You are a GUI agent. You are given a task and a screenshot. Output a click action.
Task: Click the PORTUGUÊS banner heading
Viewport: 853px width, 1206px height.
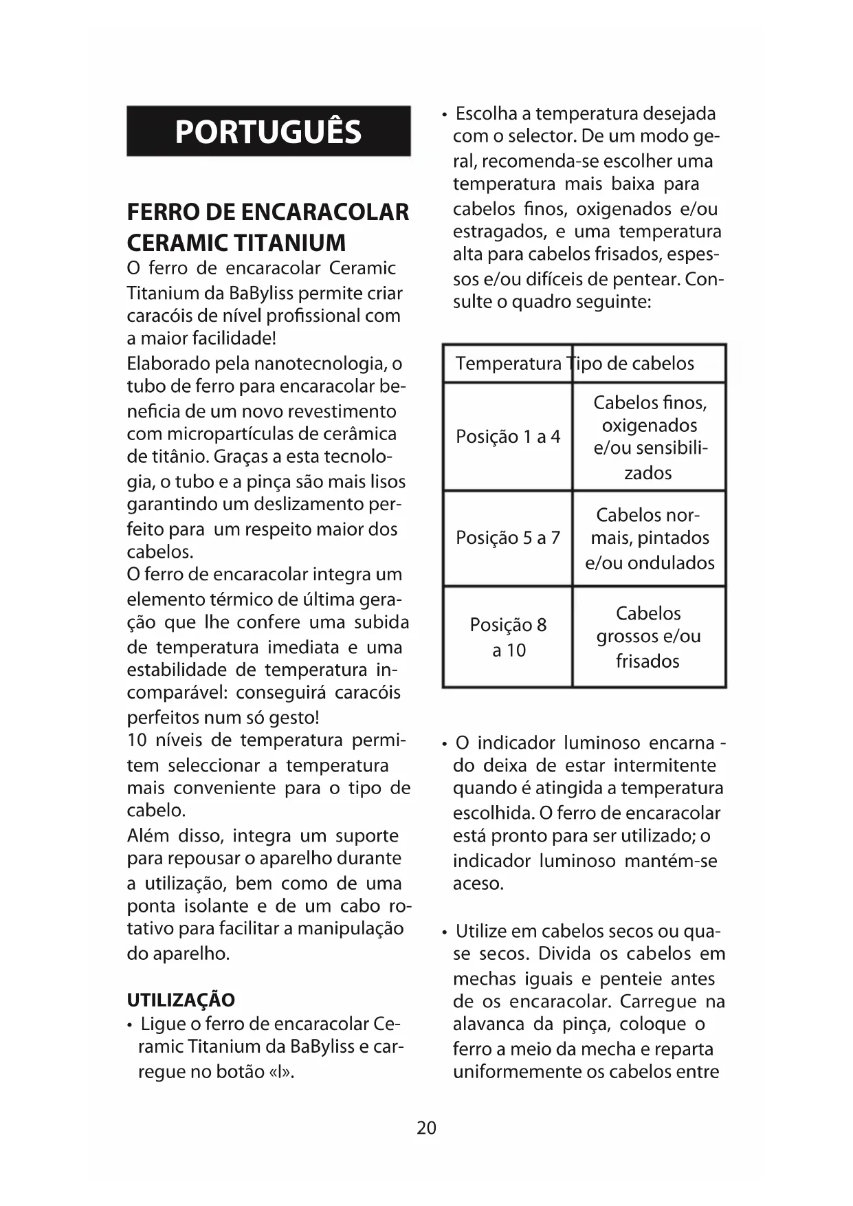click(x=268, y=131)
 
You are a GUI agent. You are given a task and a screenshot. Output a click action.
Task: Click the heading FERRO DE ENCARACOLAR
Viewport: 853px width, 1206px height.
click(x=268, y=212)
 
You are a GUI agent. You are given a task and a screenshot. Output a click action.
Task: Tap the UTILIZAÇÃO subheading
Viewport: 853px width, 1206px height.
click(x=181, y=1000)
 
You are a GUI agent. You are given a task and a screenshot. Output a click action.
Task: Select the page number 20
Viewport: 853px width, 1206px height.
click(x=426, y=1128)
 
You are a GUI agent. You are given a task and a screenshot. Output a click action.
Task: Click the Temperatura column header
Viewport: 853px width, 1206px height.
click(x=508, y=363)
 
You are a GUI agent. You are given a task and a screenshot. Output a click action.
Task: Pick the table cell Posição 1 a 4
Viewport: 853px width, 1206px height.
click(x=508, y=437)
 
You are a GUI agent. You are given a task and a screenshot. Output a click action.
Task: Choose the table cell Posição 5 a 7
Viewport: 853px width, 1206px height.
click(x=508, y=538)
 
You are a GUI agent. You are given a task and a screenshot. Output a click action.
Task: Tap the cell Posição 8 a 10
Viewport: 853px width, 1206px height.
click(x=508, y=637)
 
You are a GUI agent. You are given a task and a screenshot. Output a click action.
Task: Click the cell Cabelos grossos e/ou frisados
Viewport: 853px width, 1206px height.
click(x=648, y=637)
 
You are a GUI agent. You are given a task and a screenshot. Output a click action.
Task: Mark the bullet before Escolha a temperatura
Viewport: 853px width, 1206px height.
click(x=445, y=114)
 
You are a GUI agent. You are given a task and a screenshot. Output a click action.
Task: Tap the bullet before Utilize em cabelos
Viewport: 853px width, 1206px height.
click(x=445, y=932)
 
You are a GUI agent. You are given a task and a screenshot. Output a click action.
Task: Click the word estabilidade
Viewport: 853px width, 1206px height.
click(x=177, y=670)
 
